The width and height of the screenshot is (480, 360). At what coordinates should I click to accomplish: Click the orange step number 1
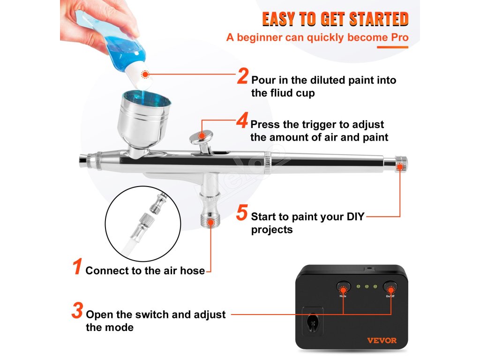(x=77, y=266)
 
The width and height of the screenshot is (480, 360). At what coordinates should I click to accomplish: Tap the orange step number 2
(x=242, y=76)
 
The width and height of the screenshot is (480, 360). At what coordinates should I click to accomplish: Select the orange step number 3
(x=77, y=310)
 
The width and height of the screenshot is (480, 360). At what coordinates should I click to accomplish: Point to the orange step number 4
(x=242, y=120)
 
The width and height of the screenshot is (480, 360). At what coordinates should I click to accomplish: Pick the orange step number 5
(x=242, y=212)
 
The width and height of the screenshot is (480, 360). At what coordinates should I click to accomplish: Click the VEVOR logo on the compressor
(x=382, y=340)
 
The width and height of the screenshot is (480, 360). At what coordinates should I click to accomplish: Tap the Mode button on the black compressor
(x=343, y=287)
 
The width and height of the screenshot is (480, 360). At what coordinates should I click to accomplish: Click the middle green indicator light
(x=367, y=287)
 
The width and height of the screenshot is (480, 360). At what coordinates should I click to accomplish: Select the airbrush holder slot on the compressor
(x=313, y=321)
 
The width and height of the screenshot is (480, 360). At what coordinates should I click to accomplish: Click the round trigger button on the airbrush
(x=201, y=135)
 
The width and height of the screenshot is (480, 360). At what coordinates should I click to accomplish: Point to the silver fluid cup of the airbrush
(x=143, y=121)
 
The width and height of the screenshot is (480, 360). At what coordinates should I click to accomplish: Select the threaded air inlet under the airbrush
(x=210, y=220)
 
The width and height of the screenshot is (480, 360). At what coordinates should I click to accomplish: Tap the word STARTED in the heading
(x=379, y=19)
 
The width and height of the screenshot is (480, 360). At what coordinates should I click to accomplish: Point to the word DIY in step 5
(x=355, y=217)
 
